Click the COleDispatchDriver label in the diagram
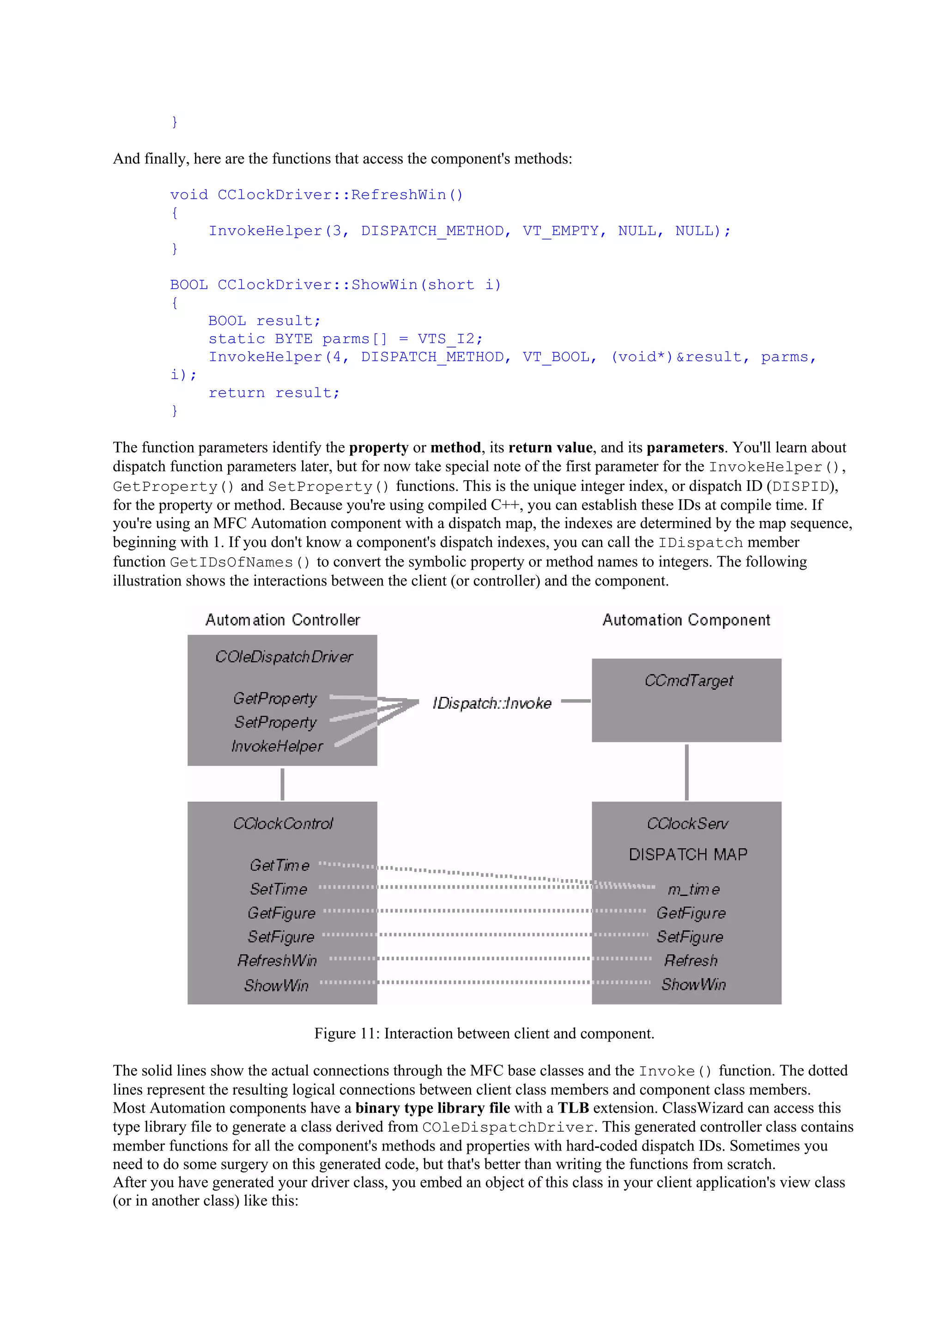point(284,657)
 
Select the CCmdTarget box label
point(688,681)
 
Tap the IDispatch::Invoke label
point(491,703)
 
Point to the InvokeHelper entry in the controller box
point(277,746)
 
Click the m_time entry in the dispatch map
point(694,889)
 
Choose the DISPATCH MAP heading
point(688,854)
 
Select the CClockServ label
point(687,823)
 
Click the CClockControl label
point(283,823)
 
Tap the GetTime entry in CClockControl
point(279,865)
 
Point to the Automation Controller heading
point(283,620)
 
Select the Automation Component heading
point(686,620)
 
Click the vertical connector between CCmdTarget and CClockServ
point(686,772)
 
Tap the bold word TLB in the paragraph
point(573,1108)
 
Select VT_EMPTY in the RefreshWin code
point(560,231)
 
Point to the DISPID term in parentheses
point(800,487)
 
